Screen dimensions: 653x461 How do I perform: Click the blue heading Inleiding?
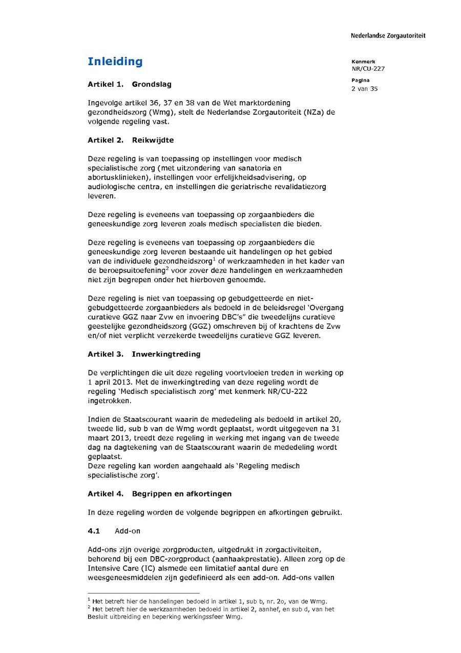coord(115,62)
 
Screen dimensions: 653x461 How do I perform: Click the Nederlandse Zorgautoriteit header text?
coord(388,36)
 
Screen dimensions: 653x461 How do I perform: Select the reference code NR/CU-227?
coord(368,69)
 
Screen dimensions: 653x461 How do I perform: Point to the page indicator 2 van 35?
coord(365,89)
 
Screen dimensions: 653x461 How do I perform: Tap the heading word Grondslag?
coord(152,84)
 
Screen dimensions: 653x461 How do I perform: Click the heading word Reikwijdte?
coord(152,140)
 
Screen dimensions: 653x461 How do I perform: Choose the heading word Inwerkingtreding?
coord(166,354)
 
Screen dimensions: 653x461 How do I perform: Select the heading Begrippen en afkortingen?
coord(182,493)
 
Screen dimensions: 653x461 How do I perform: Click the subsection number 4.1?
coord(93,531)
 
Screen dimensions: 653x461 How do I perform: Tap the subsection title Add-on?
coord(128,531)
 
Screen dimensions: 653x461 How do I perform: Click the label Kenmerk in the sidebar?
coord(363,62)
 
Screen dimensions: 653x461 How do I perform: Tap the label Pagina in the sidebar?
coord(361,80)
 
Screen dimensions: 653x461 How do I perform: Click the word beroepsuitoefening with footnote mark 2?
coord(128,270)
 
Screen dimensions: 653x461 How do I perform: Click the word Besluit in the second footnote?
coord(96,617)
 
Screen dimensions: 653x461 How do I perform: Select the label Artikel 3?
coord(106,354)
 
